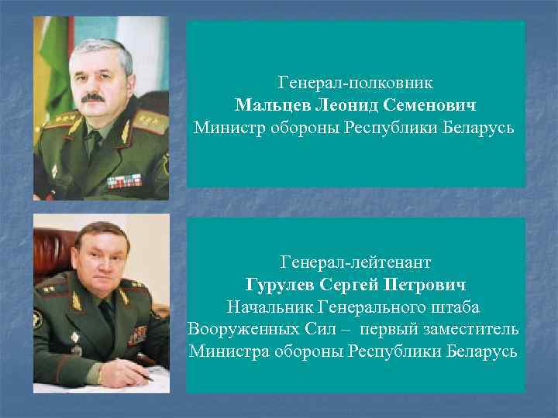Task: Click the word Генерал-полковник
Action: point(355,81)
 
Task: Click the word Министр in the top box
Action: point(228,126)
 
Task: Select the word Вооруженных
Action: point(240,329)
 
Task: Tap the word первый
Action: point(385,329)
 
